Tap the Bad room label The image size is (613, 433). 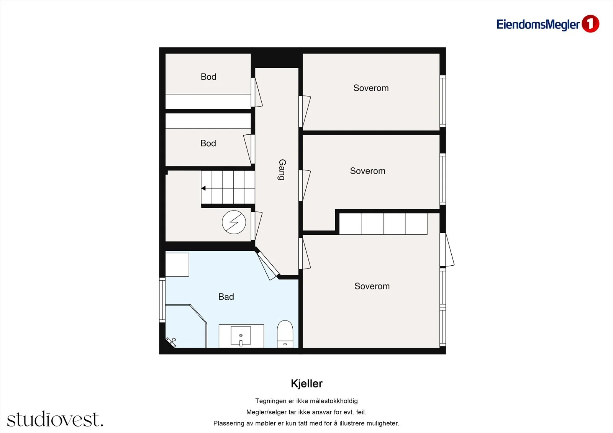click(x=226, y=297)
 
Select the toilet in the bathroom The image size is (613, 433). click(x=285, y=334)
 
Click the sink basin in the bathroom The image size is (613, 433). click(x=241, y=336)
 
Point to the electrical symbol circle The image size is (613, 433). click(x=234, y=222)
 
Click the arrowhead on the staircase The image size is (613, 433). click(x=203, y=188)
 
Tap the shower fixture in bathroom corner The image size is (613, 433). click(x=171, y=342)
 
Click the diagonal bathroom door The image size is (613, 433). click(x=268, y=266)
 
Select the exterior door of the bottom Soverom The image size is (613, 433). click(x=447, y=250)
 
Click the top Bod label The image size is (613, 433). click(x=208, y=77)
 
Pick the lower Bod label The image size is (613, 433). click(x=208, y=143)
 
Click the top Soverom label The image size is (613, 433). click(x=371, y=88)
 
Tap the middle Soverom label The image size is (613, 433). click(x=367, y=171)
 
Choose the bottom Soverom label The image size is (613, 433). click(x=372, y=286)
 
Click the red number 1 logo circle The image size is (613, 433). click(x=590, y=24)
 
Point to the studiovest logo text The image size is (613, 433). click(x=55, y=419)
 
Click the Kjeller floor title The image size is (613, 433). click(x=306, y=384)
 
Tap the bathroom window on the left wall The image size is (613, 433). click(x=162, y=300)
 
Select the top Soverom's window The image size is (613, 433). click(x=443, y=101)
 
